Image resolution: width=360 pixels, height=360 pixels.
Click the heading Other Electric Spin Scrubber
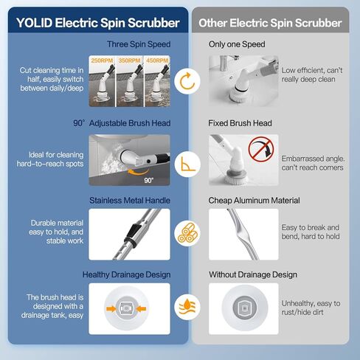[x=270, y=23]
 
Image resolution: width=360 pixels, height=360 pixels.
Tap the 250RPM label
[x=101, y=59]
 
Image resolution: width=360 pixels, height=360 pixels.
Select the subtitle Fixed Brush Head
[x=240, y=123]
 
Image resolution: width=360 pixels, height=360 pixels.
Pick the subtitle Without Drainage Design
[x=253, y=274]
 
